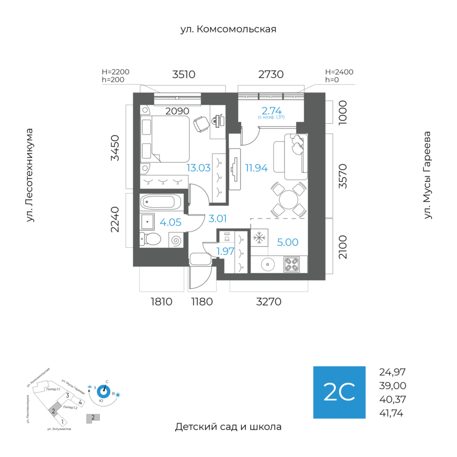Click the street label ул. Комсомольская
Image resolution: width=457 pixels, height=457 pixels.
(x=228, y=29)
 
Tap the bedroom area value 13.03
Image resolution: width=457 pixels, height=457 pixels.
(x=198, y=168)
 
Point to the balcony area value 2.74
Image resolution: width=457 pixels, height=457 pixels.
(x=271, y=111)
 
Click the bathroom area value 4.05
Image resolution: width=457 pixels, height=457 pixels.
(x=170, y=222)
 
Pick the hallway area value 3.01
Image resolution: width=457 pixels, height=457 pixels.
(x=217, y=219)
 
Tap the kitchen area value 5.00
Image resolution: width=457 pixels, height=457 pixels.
(x=287, y=243)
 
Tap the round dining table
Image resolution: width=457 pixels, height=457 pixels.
(x=288, y=197)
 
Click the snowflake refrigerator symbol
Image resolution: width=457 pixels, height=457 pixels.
(x=259, y=237)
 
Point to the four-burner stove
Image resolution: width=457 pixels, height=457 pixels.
(x=291, y=264)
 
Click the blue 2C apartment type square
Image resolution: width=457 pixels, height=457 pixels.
(x=339, y=392)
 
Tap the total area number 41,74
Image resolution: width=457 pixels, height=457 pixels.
(x=391, y=413)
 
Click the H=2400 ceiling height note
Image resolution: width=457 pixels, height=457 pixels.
(x=339, y=72)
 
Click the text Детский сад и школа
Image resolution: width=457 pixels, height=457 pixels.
(x=228, y=427)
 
